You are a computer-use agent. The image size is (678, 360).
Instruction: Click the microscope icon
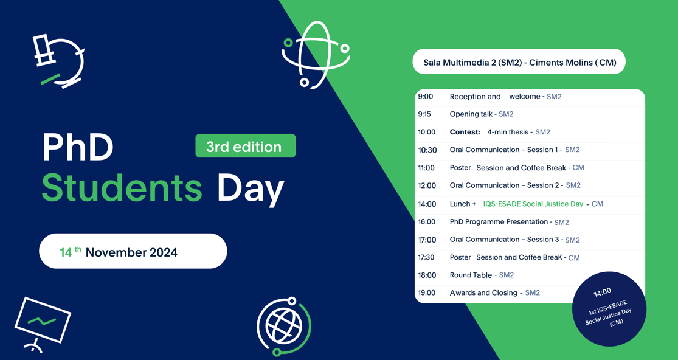point(59,61)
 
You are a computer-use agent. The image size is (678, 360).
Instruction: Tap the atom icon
point(316,55)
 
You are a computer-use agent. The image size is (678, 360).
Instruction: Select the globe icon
point(283,326)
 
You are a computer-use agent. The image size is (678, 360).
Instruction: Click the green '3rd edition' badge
point(245,146)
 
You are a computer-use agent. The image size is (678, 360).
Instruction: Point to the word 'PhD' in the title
point(78,147)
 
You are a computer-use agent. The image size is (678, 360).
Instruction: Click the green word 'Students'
point(122,187)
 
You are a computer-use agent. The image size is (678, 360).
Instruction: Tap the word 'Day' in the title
point(251,187)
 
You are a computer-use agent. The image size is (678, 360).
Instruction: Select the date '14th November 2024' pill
point(133,251)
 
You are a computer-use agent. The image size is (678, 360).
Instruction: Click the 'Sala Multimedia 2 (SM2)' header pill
point(519,62)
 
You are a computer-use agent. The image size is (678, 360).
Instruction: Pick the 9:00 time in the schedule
point(426,97)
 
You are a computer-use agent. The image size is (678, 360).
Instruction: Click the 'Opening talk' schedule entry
point(471,114)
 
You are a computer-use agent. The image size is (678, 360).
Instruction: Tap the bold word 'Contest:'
point(465,132)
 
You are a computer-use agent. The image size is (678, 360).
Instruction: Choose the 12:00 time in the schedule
point(427,185)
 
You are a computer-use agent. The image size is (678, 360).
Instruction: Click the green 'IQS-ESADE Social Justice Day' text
point(533,204)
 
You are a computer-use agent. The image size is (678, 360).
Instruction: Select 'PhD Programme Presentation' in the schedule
point(499,222)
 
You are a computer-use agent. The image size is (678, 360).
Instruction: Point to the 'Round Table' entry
point(471,275)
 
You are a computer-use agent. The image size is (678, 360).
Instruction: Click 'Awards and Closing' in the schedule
point(483,293)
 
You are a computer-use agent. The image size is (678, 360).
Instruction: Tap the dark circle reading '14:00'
point(609,309)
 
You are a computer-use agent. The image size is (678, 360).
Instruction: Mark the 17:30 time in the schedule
point(426,258)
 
